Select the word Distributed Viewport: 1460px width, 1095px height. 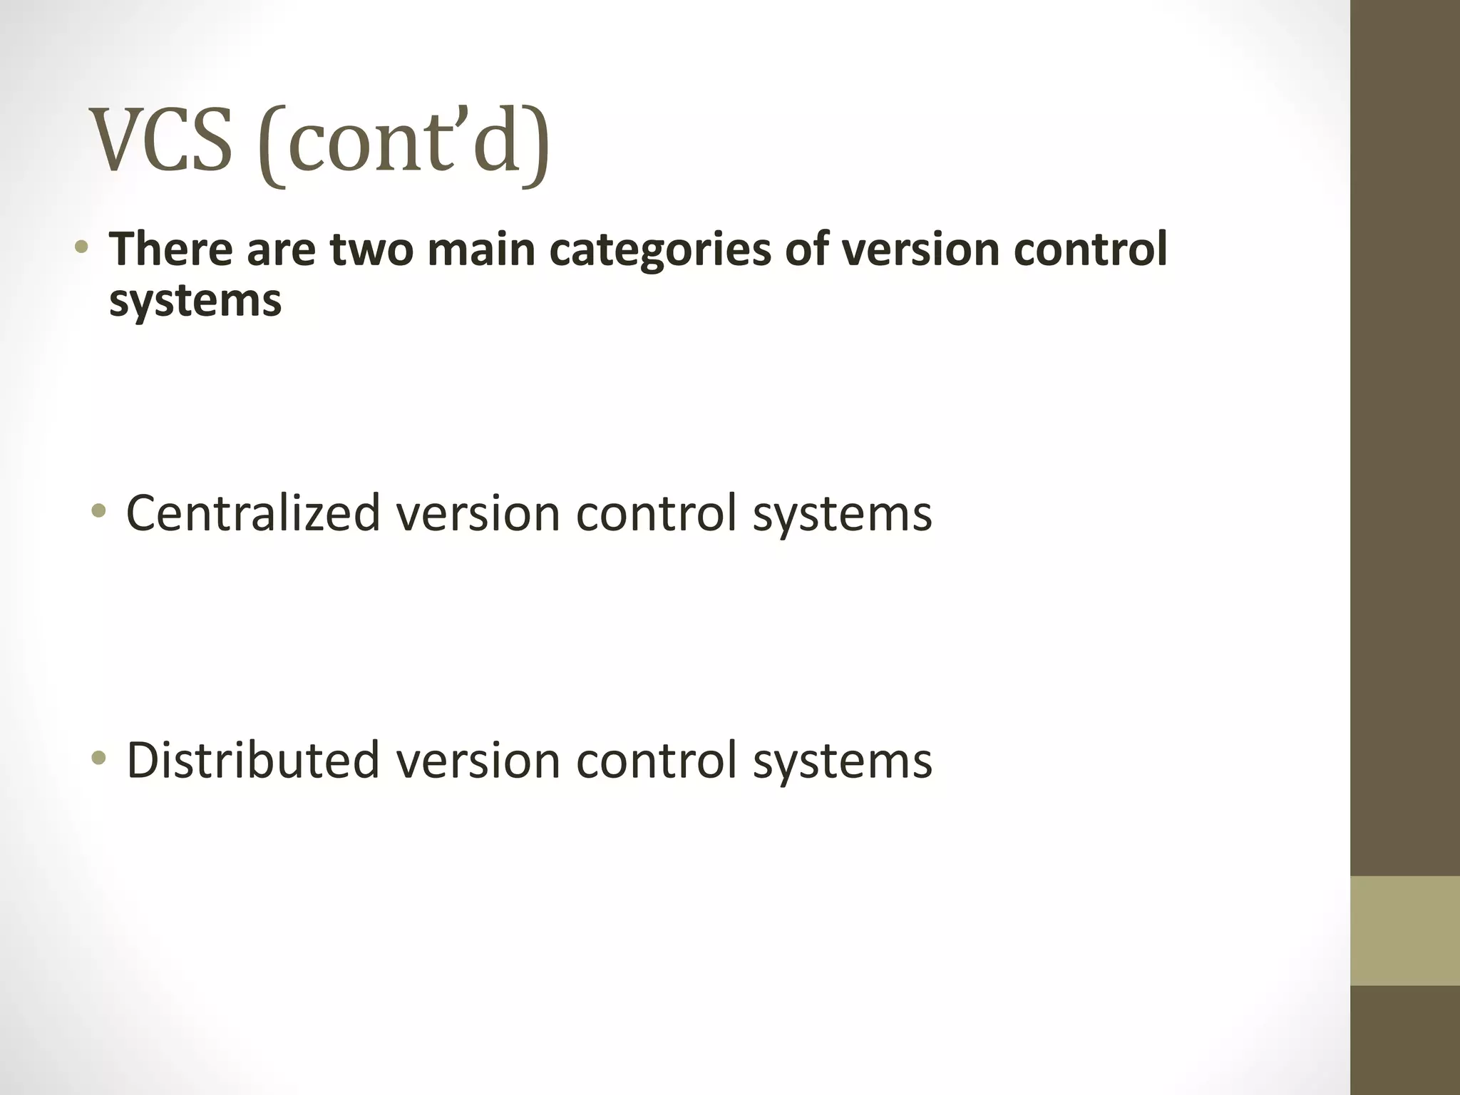pos(253,760)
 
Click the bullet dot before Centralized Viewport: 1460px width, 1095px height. pos(99,510)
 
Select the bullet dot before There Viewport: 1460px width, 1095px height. pos(82,248)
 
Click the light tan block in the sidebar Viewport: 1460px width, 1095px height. pos(1404,930)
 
